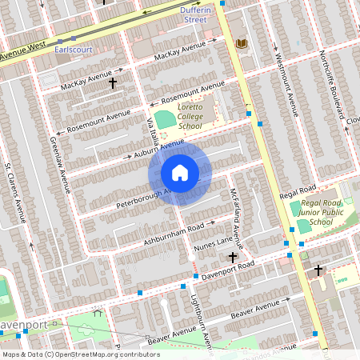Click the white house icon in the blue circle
[x=180, y=173]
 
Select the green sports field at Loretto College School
[x=165, y=120]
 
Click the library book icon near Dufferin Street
[x=242, y=43]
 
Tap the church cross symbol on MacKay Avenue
[x=113, y=82]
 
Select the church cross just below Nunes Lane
[x=233, y=258]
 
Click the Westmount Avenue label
[x=284, y=86]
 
